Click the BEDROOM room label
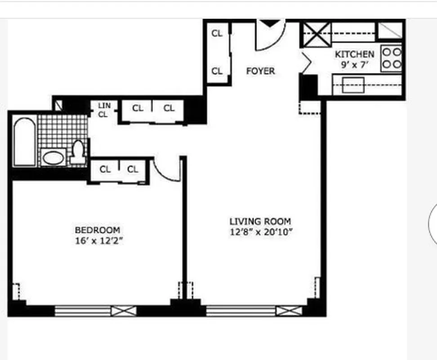(x=97, y=230)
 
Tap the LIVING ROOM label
(x=260, y=221)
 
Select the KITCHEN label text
(x=354, y=54)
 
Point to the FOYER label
(x=260, y=71)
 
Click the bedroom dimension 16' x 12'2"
(x=99, y=241)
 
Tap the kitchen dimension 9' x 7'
(x=355, y=64)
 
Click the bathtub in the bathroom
(x=25, y=141)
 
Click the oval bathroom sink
(x=54, y=158)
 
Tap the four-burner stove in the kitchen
(x=391, y=58)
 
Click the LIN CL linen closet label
(x=103, y=110)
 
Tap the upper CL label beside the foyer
(x=217, y=34)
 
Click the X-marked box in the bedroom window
(x=124, y=310)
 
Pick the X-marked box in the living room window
(x=289, y=310)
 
